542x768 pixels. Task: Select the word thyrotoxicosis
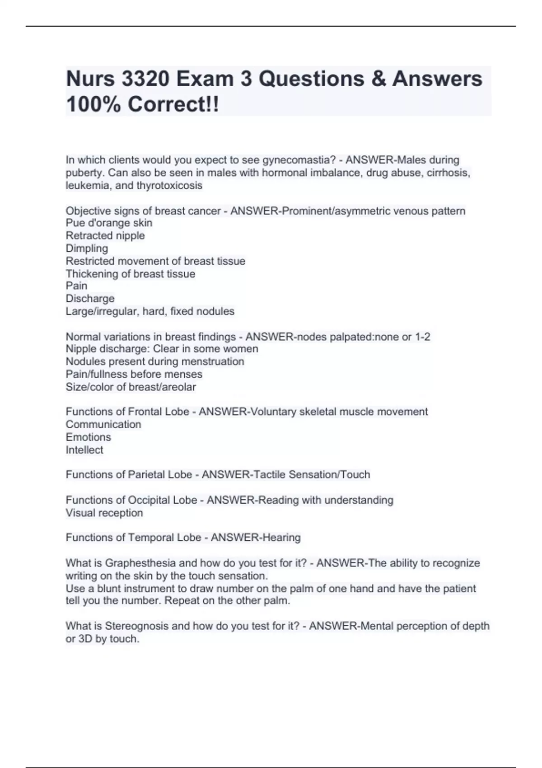pyautogui.click(x=169, y=185)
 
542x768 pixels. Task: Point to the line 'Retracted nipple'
pyautogui.click(x=105, y=235)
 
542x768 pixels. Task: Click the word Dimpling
pyautogui.click(x=87, y=248)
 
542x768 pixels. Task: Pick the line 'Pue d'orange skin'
pyautogui.click(x=109, y=223)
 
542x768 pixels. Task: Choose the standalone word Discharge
pyautogui.click(x=90, y=299)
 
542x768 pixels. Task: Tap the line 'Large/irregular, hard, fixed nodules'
pyautogui.click(x=150, y=311)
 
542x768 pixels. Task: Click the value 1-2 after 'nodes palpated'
pyautogui.click(x=422, y=337)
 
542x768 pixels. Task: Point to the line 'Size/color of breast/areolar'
pyautogui.click(x=131, y=387)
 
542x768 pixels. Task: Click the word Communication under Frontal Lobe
pyautogui.click(x=103, y=424)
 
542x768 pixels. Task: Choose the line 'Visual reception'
pyautogui.click(x=104, y=513)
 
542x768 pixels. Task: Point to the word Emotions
pyautogui.click(x=88, y=437)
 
